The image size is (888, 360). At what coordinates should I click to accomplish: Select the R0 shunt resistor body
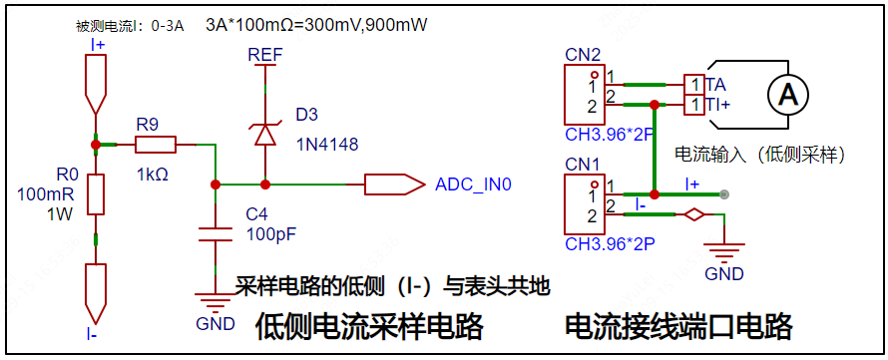point(95,193)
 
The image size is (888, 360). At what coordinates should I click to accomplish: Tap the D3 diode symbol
point(264,133)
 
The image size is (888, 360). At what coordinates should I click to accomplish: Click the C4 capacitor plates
point(215,234)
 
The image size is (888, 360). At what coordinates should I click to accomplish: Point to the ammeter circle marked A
point(788,95)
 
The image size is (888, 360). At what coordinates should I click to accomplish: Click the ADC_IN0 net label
point(473,184)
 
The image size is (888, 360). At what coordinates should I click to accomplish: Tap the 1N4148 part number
point(327,145)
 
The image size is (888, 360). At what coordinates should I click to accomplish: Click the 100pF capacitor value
point(271,234)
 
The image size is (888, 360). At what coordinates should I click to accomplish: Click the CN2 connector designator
point(584,55)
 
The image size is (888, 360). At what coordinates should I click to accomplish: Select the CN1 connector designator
point(584,163)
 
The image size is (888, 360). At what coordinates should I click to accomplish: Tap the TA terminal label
point(715,84)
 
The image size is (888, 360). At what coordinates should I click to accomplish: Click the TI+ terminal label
point(718,104)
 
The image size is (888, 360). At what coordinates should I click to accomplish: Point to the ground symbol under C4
point(215,300)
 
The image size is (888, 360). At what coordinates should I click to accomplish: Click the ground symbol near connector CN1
point(724,252)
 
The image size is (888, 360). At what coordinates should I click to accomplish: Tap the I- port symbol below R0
point(95,289)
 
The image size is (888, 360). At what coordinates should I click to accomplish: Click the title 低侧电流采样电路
point(370,326)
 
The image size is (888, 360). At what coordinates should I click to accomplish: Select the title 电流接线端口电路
point(678,326)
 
